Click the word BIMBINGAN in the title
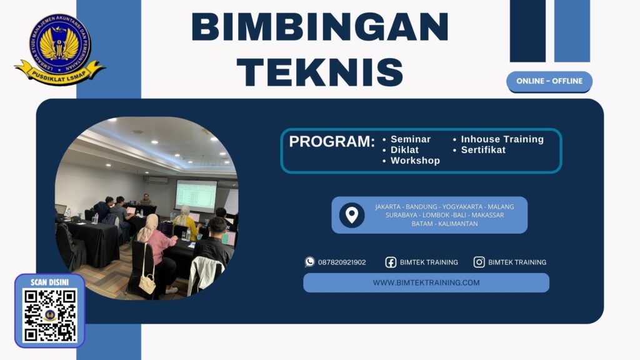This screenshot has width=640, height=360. tap(319, 27)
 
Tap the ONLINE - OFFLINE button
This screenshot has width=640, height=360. tap(549, 81)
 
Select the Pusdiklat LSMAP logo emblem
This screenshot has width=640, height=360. tap(59, 47)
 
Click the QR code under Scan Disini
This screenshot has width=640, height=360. tap(50, 315)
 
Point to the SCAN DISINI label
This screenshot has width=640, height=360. tap(49, 282)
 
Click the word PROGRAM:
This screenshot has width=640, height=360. tap(332, 142)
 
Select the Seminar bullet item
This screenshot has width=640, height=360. tap(410, 139)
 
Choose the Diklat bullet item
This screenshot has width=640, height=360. tap(404, 150)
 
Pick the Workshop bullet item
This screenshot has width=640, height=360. tap(415, 161)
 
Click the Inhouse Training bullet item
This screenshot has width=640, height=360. tap(502, 139)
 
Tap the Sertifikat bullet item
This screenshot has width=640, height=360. tap(483, 150)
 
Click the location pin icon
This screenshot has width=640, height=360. tap(352, 215)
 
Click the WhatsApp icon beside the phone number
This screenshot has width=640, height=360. tap(310, 262)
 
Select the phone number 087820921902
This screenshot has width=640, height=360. tap(342, 262)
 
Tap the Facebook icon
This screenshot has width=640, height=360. tap(391, 262)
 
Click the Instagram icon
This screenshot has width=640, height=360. tap(479, 262)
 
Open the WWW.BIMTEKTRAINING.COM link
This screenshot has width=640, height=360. tap(426, 282)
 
